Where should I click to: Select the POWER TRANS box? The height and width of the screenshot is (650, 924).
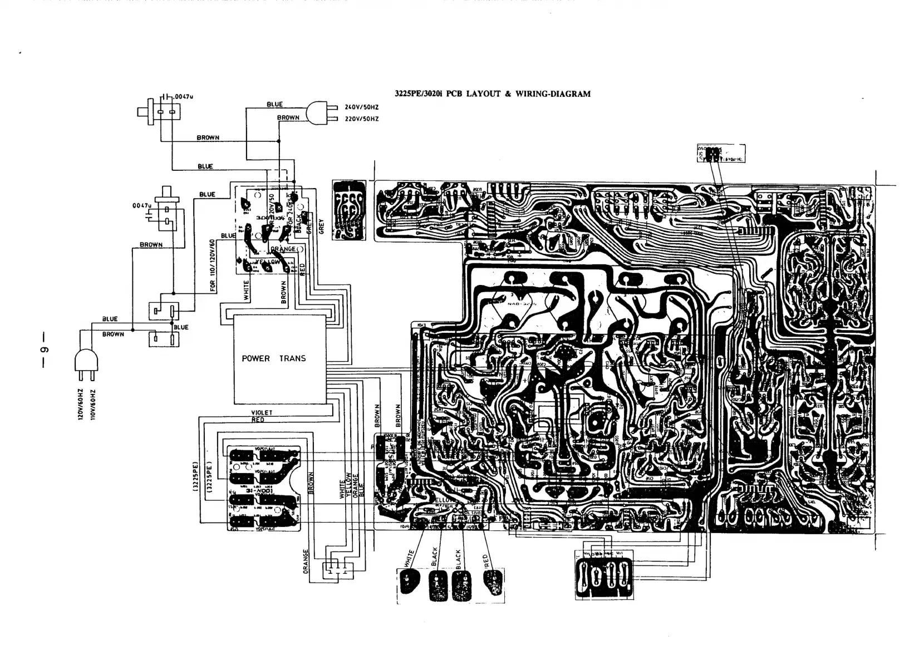tap(279, 359)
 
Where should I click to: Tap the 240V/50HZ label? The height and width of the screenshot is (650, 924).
tap(362, 107)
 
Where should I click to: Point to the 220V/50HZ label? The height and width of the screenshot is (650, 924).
tap(362, 119)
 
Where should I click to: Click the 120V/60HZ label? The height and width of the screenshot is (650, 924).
tap(80, 405)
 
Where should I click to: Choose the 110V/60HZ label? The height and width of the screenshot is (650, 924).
tap(93, 405)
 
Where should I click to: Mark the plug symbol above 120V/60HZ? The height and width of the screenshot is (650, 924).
tap(86, 362)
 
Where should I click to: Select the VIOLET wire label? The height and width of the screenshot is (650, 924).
tap(262, 413)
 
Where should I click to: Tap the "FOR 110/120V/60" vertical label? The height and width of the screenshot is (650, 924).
tap(212, 267)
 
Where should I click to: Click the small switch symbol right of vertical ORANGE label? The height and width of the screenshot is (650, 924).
tap(337, 570)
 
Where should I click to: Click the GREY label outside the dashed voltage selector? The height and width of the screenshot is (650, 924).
tap(322, 226)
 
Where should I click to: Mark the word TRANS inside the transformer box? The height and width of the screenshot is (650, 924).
tap(292, 359)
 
